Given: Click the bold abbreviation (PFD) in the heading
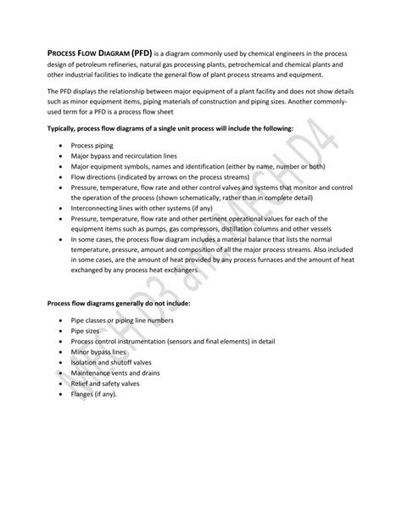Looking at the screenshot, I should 141,53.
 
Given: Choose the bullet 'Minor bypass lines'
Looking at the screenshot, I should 99,350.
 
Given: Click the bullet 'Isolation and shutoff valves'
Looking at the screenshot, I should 114,361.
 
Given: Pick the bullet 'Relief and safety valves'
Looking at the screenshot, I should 109,382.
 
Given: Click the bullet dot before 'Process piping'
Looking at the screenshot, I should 62,146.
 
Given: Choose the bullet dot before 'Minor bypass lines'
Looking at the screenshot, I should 62,350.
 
